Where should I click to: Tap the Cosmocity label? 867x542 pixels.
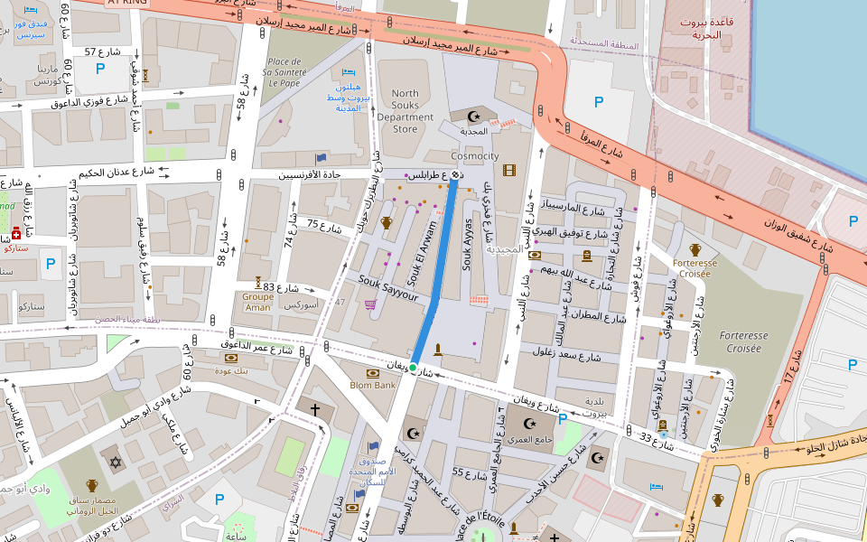coord(475,156)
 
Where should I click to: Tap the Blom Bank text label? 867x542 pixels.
coord(373,386)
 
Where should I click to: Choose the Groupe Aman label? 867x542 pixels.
coord(257,302)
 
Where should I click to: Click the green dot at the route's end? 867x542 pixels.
coord(413,368)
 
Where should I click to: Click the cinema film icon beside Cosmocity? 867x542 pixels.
coord(509,170)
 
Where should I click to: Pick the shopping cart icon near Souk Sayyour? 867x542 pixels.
coord(369,304)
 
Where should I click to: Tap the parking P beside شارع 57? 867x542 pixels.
coord(100,68)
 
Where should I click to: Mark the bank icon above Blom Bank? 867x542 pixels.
coord(372,373)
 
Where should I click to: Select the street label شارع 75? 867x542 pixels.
coord(324,225)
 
